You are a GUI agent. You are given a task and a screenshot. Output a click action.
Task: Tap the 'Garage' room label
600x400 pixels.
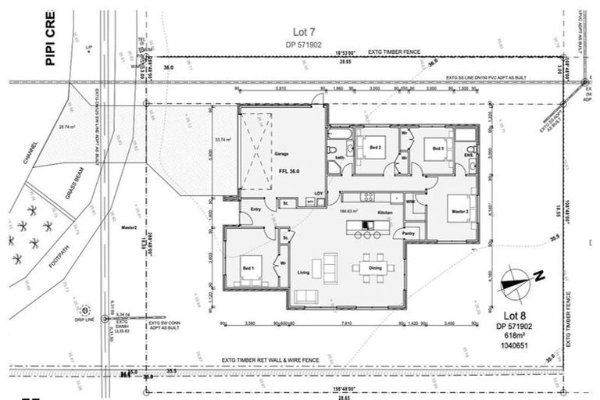(x=282, y=155)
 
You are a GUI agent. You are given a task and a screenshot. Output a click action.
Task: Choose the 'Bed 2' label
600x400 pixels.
(x=375, y=147)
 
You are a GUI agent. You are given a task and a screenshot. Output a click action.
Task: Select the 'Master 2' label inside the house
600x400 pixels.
(x=458, y=211)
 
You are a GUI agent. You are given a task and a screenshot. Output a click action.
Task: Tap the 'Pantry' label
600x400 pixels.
(x=408, y=233)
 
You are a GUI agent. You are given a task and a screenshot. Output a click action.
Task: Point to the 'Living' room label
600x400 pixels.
(x=304, y=273)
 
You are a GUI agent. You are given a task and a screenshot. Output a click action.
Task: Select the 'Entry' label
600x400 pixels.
(x=255, y=209)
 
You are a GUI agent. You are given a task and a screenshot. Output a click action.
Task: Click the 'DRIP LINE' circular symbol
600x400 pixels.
(x=84, y=310)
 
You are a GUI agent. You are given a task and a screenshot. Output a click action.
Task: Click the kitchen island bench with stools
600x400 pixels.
(x=369, y=227)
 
